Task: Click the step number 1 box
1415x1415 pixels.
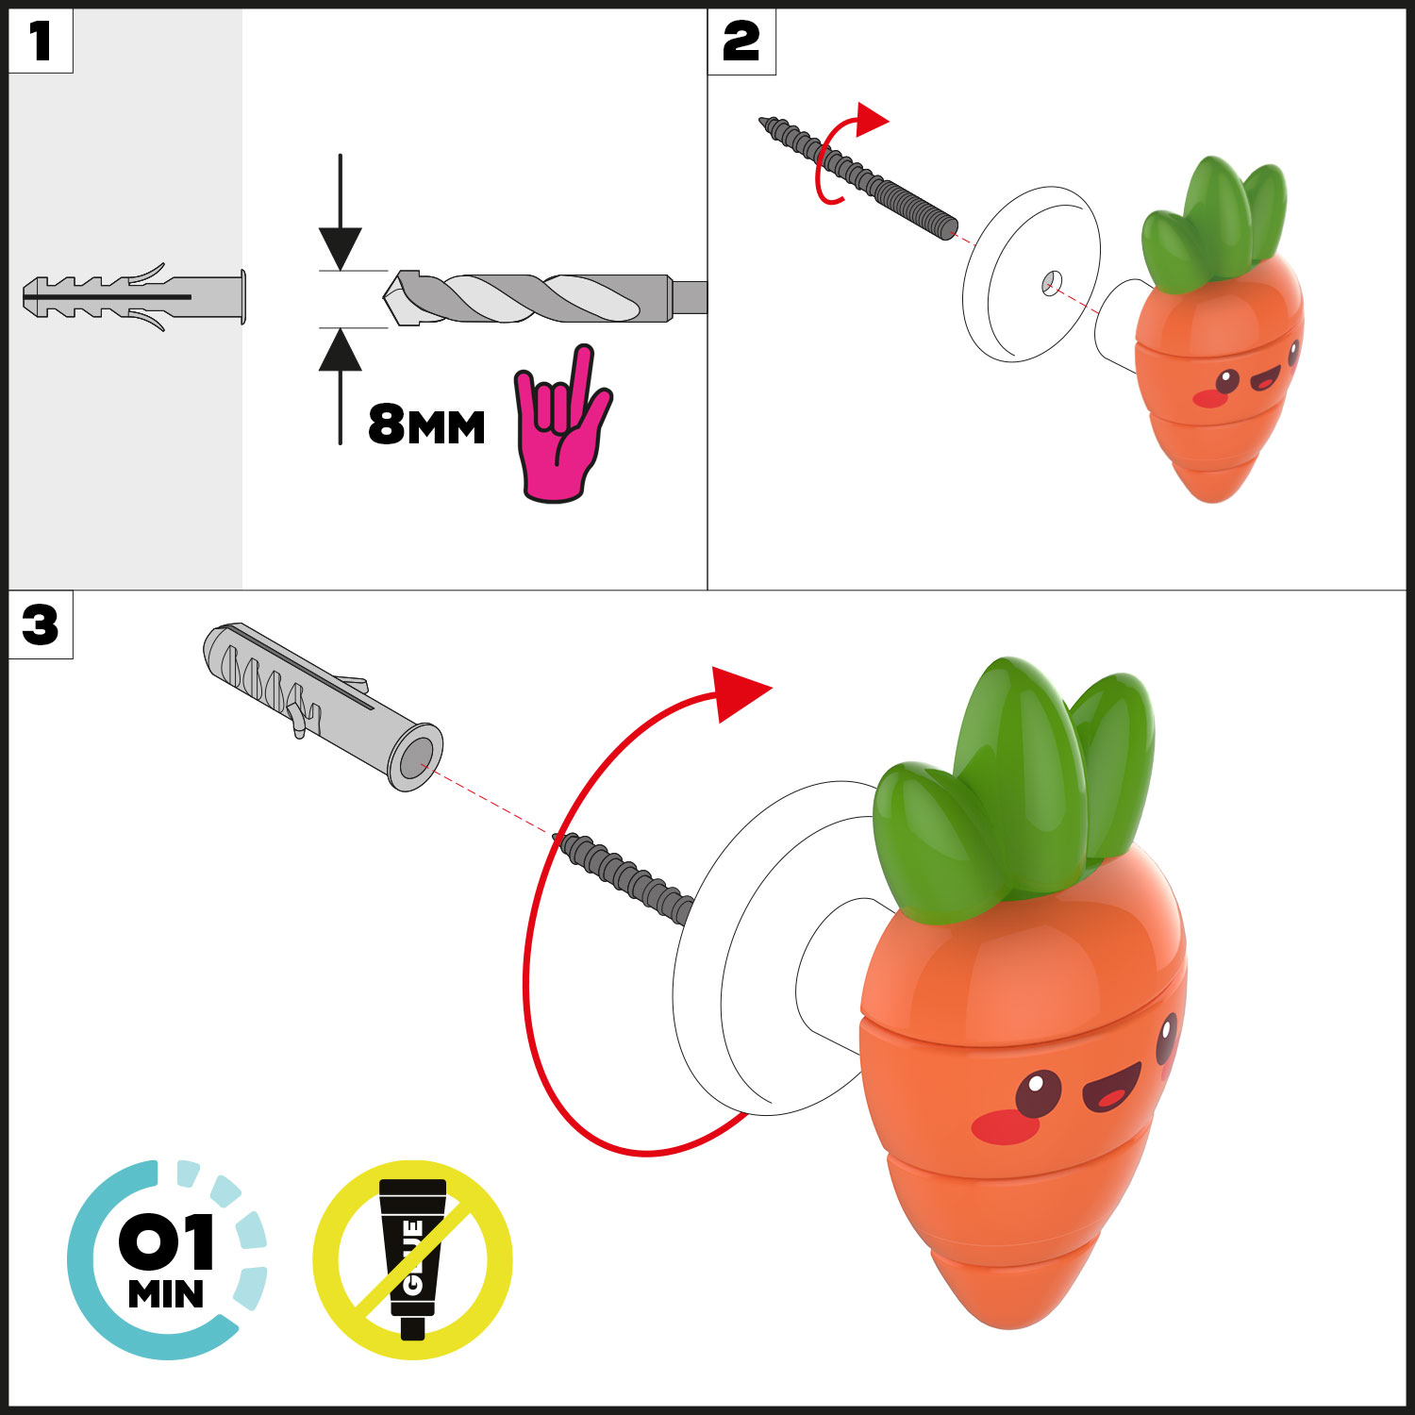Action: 41,41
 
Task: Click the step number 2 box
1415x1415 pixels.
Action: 741,42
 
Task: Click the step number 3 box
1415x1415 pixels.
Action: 41,624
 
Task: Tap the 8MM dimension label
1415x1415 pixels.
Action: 426,424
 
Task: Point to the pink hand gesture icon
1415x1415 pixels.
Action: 561,424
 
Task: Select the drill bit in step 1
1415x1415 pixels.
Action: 545,298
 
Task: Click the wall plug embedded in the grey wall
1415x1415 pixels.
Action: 134,297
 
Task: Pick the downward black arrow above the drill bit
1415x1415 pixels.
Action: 341,212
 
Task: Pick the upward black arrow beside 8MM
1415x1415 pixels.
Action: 341,386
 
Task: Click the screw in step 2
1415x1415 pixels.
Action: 858,178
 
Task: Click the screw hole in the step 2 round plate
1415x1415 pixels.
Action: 1052,282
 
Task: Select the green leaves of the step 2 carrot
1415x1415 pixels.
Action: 1213,225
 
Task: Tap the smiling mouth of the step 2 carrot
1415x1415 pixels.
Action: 1264,379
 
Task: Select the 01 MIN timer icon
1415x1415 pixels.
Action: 167,1259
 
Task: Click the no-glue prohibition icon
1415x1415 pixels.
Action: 412,1259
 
